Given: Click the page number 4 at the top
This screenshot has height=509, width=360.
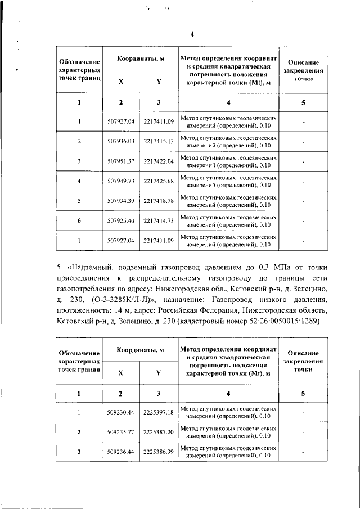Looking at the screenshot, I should (x=192, y=34).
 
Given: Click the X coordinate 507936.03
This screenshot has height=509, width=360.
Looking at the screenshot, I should (x=121, y=141).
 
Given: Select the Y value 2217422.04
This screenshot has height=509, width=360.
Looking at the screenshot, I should (x=159, y=161).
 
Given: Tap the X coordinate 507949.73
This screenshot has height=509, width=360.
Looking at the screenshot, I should (x=121, y=181).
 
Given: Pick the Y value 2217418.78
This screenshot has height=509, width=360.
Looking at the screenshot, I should (x=159, y=201).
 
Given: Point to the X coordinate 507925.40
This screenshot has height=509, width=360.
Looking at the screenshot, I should (x=121, y=221).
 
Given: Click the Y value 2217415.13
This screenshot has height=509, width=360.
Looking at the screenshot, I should (x=159, y=141).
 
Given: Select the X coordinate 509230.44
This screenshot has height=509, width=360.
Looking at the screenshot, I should (x=121, y=412).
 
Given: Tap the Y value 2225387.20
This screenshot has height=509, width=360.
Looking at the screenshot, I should (x=159, y=432).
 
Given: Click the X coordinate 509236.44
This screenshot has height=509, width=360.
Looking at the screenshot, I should (x=121, y=452).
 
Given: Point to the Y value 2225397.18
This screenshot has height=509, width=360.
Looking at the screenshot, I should (x=159, y=412).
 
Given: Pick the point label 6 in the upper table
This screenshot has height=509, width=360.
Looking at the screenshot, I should (x=79, y=221).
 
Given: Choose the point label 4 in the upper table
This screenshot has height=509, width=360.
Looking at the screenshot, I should (x=79, y=181).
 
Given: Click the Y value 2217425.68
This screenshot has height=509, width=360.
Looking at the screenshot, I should (x=159, y=181).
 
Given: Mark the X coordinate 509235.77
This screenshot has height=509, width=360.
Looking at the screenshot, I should (x=121, y=432).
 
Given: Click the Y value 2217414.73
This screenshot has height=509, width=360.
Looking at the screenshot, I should (x=159, y=221).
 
